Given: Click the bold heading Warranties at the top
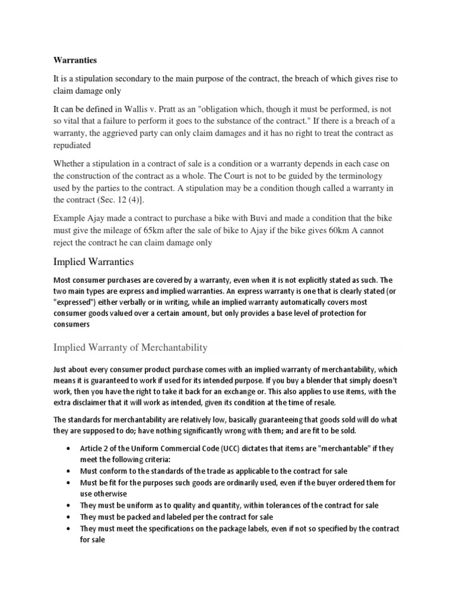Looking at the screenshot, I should [75, 60].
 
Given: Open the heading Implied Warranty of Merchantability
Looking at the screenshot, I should [130, 347].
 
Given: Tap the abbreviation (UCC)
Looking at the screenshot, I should [231, 448].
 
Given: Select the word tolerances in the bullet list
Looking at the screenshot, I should [277, 505].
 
